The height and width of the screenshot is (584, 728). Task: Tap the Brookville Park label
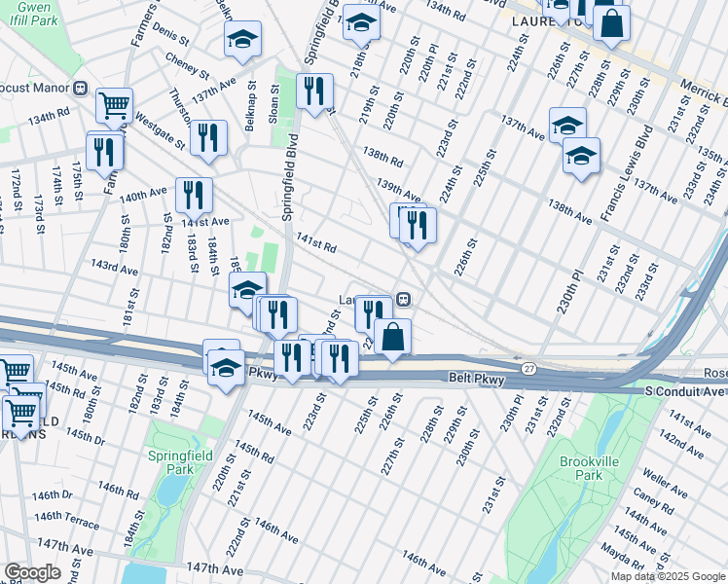(582, 467)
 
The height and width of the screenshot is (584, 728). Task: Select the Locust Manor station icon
(82, 88)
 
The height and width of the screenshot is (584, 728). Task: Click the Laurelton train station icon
(401, 300)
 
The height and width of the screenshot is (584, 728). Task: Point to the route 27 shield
(528, 367)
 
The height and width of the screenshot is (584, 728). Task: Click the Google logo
(32, 571)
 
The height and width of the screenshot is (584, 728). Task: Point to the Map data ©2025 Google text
(668, 576)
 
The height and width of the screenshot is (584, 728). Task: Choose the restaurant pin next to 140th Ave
(194, 194)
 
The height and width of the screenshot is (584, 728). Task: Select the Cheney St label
(187, 65)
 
